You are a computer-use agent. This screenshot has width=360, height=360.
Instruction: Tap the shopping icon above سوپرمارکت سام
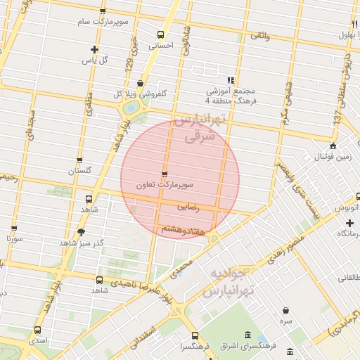[x=103, y=12]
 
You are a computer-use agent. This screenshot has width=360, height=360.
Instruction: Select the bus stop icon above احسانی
[x=161, y=34]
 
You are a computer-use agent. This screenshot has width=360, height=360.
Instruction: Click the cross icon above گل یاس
[x=95, y=49]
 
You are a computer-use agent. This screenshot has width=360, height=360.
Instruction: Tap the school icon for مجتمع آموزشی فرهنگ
[x=231, y=81]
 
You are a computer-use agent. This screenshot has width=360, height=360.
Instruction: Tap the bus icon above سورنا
[x=15, y=229]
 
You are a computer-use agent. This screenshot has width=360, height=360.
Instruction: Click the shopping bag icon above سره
[x=285, y=310]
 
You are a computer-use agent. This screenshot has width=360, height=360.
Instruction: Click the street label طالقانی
[x=347, y=278]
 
